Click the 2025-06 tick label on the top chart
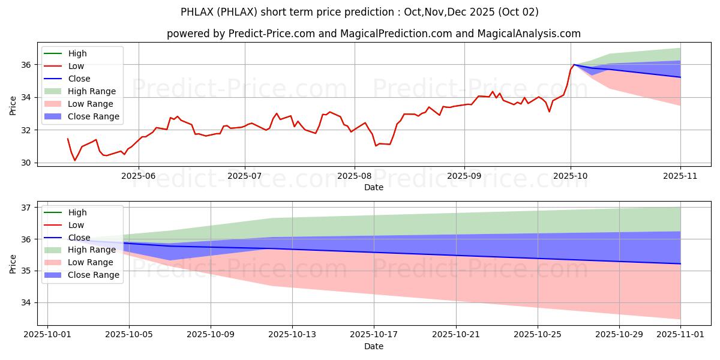pos(139,176)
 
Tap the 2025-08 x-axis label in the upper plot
pos(354,176)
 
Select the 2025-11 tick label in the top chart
pos(680,176)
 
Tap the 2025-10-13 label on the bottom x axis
pos(292,335)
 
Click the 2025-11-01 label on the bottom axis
pos(680,335)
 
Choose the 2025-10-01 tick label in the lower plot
pos(47,335)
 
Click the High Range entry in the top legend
pos(92,91)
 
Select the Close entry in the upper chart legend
pos(79,79)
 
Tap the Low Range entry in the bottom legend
pos(91,262)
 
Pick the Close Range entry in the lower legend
pos(94,275)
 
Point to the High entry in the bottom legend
pos(77,212)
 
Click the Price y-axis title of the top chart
pos(13,106)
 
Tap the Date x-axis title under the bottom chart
pos(374,346)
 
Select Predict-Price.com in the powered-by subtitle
pos(272,34)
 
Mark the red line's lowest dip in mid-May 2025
pos(75,160)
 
